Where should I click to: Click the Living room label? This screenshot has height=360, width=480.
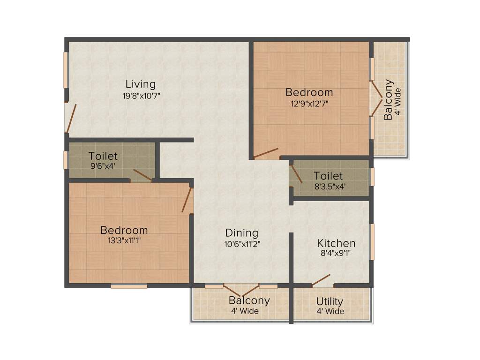point(140,84)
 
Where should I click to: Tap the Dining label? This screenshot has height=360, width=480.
point(241,232)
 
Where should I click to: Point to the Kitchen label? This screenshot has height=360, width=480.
point(336,243)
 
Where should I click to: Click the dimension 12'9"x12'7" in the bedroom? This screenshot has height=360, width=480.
point(309,104)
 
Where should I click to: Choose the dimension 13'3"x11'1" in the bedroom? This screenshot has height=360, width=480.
point(124,241)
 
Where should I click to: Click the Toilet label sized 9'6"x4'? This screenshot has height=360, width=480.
point(103,156)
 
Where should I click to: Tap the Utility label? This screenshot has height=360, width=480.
point(330,301)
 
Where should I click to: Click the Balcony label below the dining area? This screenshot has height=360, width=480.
point(249,300)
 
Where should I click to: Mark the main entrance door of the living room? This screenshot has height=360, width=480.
point(70,118)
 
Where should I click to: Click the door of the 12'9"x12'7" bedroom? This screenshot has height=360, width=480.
point(266,153)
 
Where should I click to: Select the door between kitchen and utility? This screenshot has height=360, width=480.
point(322,280)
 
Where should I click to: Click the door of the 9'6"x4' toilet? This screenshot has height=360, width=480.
point(142,175)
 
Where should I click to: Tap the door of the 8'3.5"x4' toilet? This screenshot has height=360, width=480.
point(295,173)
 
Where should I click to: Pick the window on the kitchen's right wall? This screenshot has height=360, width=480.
point(373,241)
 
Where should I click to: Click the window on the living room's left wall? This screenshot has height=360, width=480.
point(66,70)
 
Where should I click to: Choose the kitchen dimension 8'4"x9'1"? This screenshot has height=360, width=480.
point(334,254)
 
